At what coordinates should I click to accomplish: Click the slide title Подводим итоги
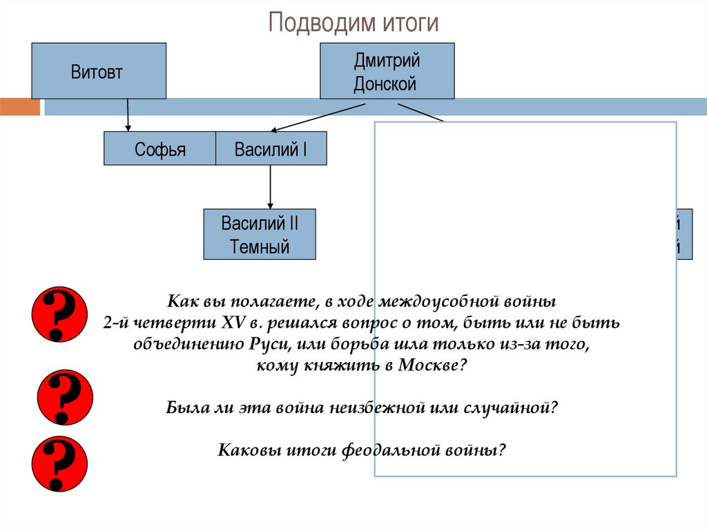click(x=353, y=23)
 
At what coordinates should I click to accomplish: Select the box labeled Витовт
click(x=99, y=71)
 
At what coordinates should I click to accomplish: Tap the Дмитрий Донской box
click(x=387, y=72)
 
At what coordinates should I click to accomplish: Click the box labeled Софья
click(x=159, y=149)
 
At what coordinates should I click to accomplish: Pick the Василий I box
click(x=271, y=149)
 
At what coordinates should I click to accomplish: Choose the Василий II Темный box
click(x=260, y=234)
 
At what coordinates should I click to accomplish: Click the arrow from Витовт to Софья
click(x=127, y=114)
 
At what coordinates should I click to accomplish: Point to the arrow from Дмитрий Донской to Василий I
click(x=318, y=117)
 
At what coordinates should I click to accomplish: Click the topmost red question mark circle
click(x=60, y=314)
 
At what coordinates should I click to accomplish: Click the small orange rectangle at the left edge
click(x=20, y=107)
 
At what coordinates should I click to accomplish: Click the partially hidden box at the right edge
click(x=684, y=234)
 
